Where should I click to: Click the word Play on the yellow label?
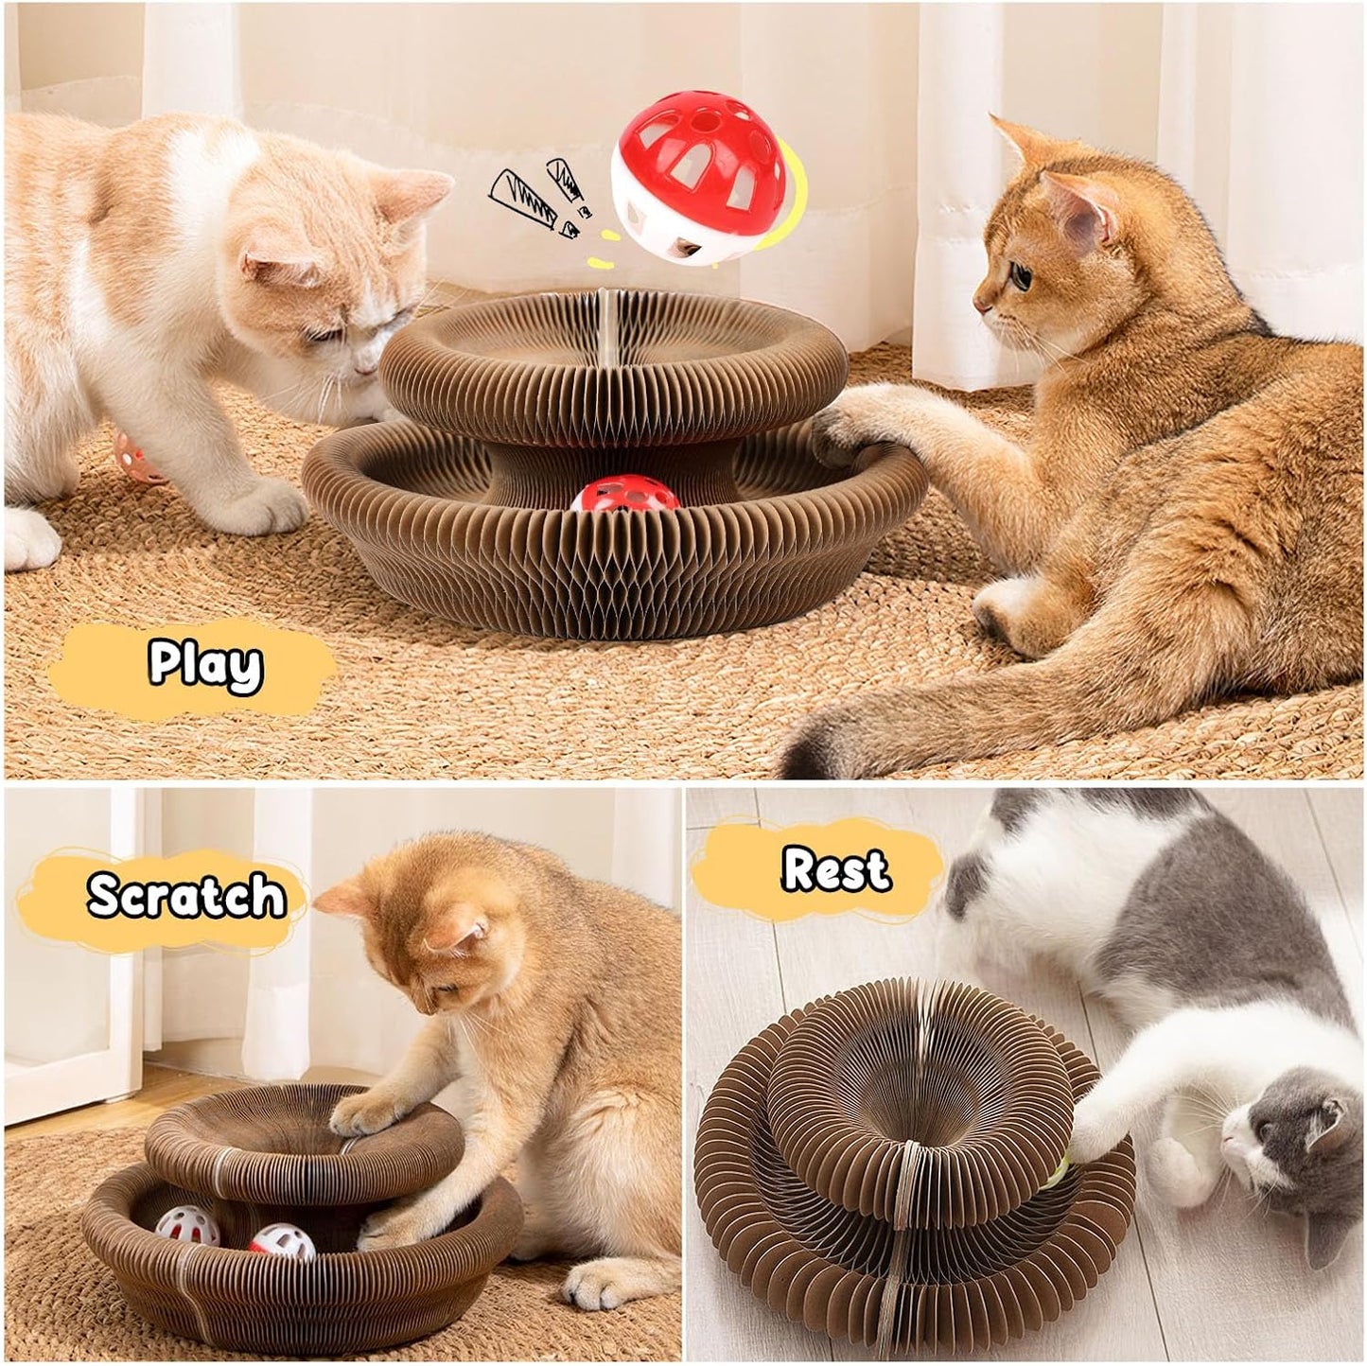point(205,665)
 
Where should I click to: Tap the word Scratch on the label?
point(185,895)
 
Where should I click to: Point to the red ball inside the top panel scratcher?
point(623,494)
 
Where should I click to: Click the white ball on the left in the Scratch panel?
point(187,1227)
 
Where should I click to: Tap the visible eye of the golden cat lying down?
point(1020,273)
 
